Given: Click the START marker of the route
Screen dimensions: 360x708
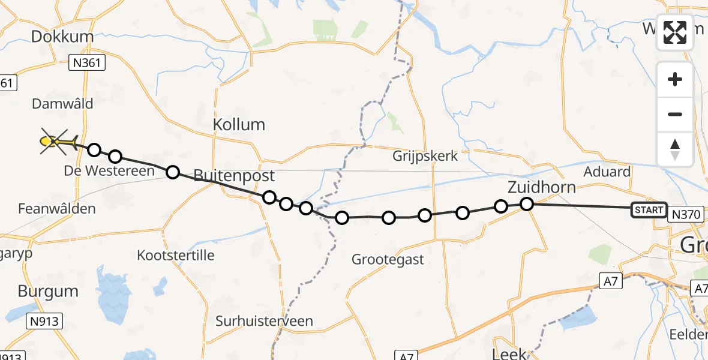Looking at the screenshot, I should point(649,209).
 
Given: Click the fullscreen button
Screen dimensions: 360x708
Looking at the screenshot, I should point(675,32).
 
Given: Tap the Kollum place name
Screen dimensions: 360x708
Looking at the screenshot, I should point(239,125).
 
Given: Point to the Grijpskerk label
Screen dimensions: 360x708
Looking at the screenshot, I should point(425,156).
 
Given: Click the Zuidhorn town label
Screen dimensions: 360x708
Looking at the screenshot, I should point(541,187).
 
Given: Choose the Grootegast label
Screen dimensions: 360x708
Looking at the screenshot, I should point(388,260).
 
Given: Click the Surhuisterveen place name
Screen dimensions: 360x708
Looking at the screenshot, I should point(264,321).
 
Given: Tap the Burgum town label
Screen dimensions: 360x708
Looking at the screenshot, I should point(48,292).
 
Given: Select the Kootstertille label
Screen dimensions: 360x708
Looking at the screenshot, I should point(176,255).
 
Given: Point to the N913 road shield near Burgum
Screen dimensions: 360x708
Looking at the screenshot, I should point(44,322).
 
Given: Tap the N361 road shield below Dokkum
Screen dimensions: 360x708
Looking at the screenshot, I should point(87,62).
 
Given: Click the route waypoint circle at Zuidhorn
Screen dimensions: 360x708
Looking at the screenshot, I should point(526,204).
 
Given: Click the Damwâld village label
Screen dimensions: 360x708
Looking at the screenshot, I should point(62,104).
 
